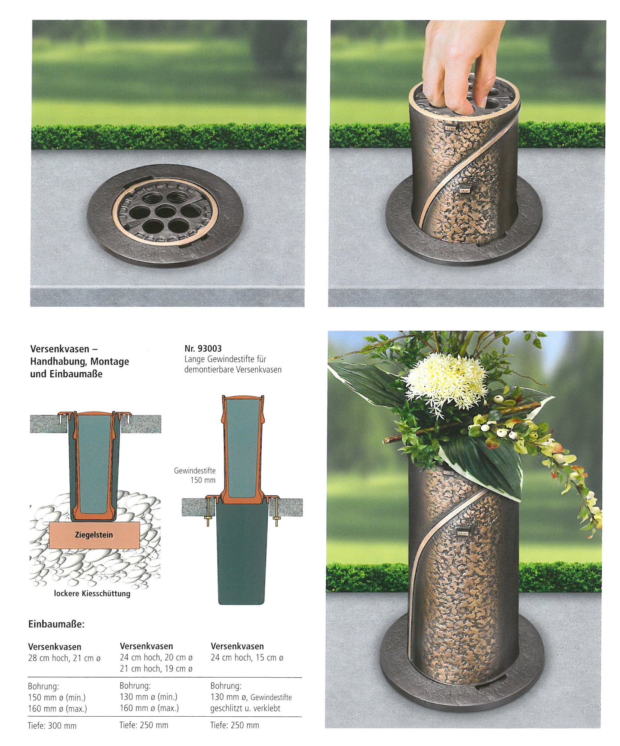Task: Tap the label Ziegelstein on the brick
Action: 94,535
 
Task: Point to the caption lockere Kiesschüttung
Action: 92,593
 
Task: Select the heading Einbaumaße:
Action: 56,624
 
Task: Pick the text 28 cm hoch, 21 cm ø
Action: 65,658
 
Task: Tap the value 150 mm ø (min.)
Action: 57,698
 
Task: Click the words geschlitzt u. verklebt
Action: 245,708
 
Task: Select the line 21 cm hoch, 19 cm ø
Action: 156,669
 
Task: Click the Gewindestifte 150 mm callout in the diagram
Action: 195,475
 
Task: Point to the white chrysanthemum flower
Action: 446,380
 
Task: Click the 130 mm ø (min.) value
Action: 149,697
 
